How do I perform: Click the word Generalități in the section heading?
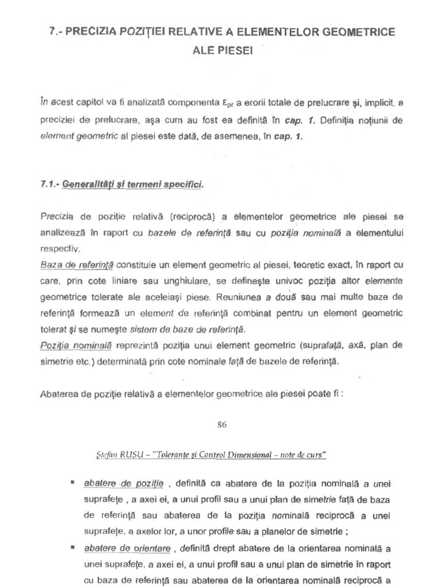[88, 185]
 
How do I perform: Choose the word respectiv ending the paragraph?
[61, 249]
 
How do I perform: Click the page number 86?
[222, 425]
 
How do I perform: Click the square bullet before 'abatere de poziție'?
[73, 483]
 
